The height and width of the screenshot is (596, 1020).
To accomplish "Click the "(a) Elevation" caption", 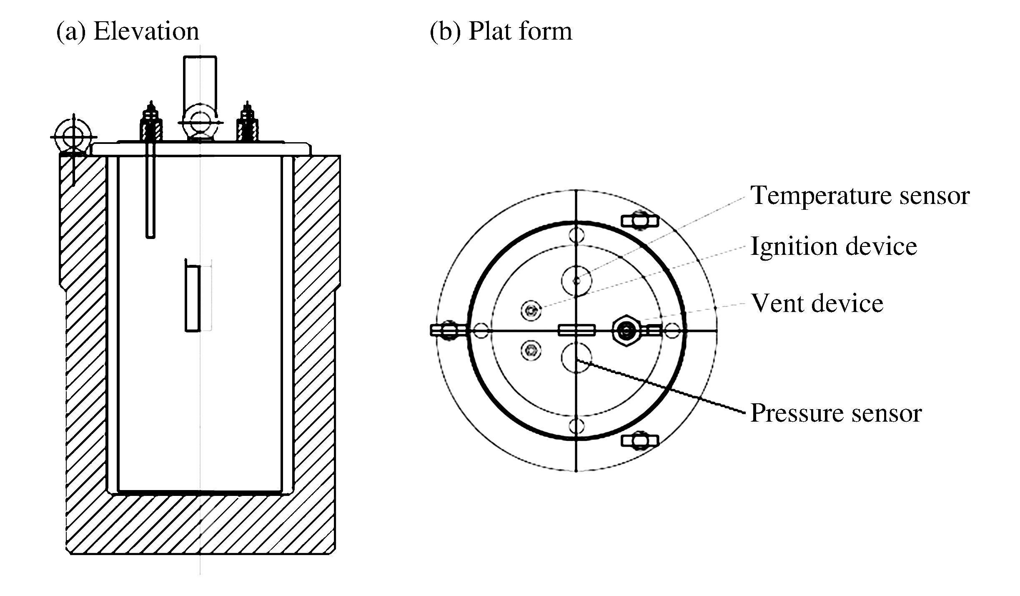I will (x=128, y=31).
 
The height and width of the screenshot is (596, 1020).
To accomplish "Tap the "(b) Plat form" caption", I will (x=501, y=31).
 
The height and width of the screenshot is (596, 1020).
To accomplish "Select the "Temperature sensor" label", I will (x=860, y=195).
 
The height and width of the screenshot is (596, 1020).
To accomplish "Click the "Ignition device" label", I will (x=833, y=246).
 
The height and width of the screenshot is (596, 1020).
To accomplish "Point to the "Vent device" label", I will (x=817, y=303).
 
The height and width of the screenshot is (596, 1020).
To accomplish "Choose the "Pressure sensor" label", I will (x=836, y=413).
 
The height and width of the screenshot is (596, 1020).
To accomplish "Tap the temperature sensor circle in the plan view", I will (x=576, y=281).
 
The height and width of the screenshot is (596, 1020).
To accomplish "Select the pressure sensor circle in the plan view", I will (x=576, y=357).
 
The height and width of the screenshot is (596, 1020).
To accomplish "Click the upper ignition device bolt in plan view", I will (x=531, y=310).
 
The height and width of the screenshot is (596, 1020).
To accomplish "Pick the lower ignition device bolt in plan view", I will (x=531, y=350).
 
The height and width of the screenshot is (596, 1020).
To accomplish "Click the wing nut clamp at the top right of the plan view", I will (x=640, y=220).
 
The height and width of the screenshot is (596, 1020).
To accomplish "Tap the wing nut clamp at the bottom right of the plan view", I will (x=640, y=441).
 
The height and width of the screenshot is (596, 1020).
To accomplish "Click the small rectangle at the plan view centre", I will (x=576, y=331).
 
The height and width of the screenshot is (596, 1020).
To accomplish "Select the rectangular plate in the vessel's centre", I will (x=193, y=298).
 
